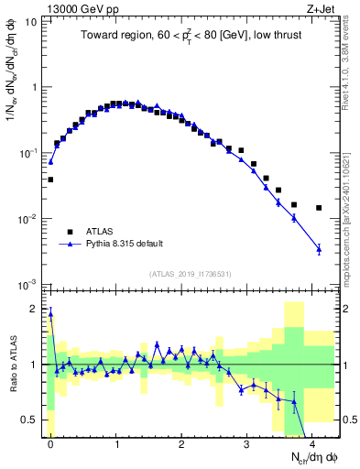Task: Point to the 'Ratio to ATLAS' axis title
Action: coord(12,364)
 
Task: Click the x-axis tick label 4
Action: coord(312,444)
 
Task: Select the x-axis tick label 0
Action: coord(50,444)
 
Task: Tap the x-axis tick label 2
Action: coord(181,444)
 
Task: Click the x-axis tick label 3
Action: coord(247,444)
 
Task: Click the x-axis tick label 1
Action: coord(116,444)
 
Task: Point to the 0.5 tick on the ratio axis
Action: coord(35,420)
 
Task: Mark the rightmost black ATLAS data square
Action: coord(319,208)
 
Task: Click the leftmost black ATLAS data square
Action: coord(50,180)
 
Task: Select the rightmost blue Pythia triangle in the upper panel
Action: coord(319,248)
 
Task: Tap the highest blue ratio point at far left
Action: coord(50,314)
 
